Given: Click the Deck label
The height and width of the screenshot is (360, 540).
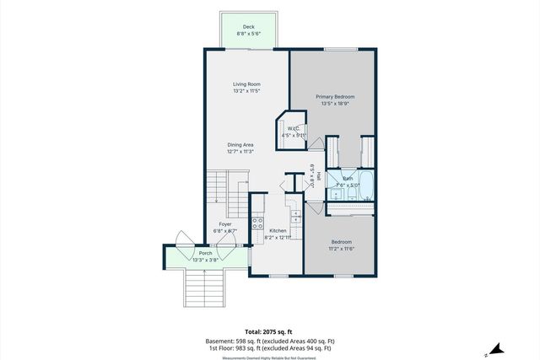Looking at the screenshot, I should pyautogui.click(x=248, y=27).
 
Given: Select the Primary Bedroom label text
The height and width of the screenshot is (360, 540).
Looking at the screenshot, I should pyautogui.click(x=335, y=97).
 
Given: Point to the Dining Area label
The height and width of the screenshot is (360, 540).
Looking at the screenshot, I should pyautogui.click(x=240, y=145).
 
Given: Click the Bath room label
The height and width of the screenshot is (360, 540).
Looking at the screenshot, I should pyautogui.click(x=348, y=179).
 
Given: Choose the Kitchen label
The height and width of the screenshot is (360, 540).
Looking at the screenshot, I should pyautogui.click(x=278, y=230).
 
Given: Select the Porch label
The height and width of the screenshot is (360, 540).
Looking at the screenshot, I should pyautogui.click(x=205, y=253).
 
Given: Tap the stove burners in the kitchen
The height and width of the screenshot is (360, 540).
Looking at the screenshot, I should pyautogui.click(x=257, y=225).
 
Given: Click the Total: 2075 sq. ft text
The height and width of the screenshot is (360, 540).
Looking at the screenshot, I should pyautogui.click(x=269, y=332).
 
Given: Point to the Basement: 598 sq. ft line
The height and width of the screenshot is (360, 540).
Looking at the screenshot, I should pyautogui.click(x=269, y=341).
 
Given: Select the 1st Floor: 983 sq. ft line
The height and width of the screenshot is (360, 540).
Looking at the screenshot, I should pyautogui.click(x=269, y=347).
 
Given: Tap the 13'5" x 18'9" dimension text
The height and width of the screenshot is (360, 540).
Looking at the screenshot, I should pyautogui.click(x=335, y=105).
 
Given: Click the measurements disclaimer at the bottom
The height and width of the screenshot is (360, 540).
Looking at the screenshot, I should pyautogui.click(x=269, y=357).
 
